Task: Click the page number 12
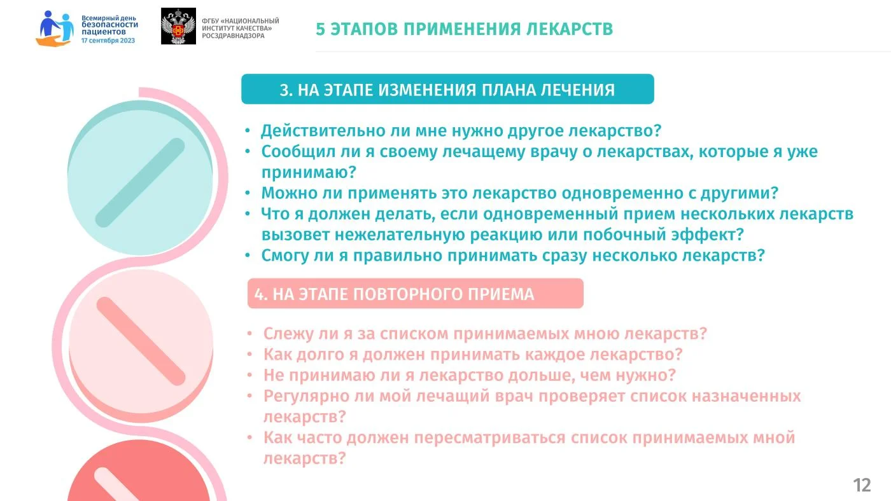862,485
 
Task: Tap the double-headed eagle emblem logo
178,26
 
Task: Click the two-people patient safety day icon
55,28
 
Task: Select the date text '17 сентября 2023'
108,41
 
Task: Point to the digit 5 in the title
320,29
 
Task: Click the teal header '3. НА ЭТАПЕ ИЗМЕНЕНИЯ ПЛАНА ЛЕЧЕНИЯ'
447,90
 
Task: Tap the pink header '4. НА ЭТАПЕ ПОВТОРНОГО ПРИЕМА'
394,294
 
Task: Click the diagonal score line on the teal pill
140,182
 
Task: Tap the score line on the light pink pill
141,341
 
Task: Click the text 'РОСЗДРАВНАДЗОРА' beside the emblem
233,36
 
